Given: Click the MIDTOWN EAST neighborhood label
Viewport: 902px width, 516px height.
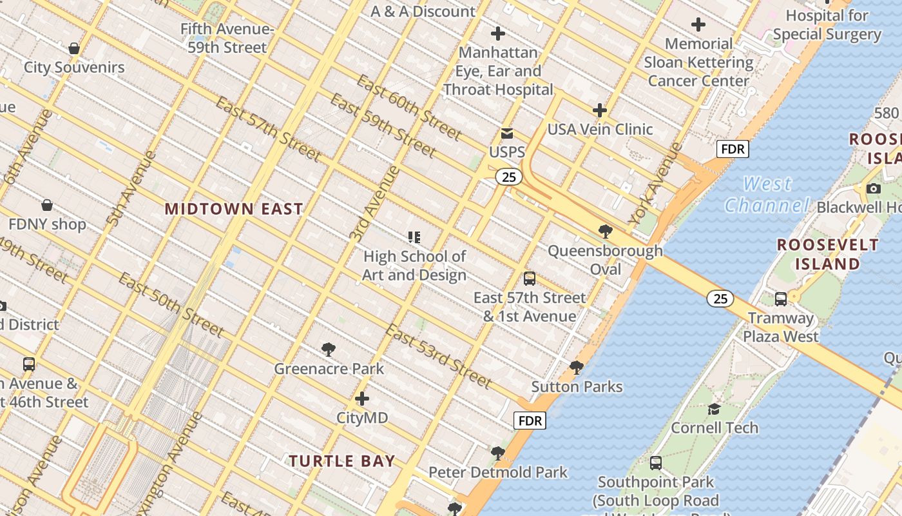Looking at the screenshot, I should [x=233, y=209].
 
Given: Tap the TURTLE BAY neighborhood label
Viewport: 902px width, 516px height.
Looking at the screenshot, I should [x=341, y=461].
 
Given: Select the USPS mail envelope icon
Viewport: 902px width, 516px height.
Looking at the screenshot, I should [x=507, y=134].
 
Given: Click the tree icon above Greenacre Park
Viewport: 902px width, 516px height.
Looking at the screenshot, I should [x=329, y=350].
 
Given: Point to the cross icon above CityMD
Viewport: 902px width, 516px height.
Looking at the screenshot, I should [x=362, y=399].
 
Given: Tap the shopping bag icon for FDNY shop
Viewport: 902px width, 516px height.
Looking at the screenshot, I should [x=47, y=206].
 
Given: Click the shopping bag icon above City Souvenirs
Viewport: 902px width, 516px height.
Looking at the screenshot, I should [x=74, y=48].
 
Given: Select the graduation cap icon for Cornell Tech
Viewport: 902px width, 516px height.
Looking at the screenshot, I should [x=714, y=409].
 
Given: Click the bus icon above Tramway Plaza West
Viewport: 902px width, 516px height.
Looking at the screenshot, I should [x=780, y=299].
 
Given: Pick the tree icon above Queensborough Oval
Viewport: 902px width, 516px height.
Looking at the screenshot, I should [x=605, y=231].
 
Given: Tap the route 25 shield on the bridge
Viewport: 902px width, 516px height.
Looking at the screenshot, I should [x=720, y=299].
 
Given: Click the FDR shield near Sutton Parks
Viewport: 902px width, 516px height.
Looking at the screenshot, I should [x=530, y=421].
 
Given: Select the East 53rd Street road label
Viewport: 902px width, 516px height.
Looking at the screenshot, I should [x=439, y=356].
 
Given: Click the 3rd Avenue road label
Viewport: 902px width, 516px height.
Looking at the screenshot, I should [x=374, y=203].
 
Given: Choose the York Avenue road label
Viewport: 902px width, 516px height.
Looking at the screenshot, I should [x=655, y=184].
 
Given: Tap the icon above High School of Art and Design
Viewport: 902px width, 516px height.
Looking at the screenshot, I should [x=414, y=238].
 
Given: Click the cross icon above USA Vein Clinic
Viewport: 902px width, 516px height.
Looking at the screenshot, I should [x=600, y=110].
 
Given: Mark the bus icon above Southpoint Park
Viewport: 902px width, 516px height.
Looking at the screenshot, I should [x=655, y=463].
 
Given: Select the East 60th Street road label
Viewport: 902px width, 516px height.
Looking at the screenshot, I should [x=408, y=108].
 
